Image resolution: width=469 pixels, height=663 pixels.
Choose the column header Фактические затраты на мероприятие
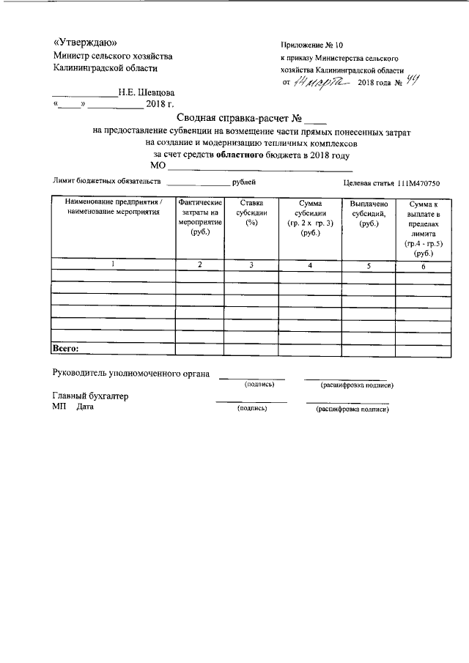[x=200, y=217]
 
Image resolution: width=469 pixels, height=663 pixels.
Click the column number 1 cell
[x=113, y=264]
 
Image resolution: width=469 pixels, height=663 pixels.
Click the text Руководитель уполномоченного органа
[x=131, y=374]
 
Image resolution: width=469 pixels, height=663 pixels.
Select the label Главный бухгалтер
[x=90, y=396]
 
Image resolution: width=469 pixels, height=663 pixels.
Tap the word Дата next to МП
[x=86, y=407]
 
